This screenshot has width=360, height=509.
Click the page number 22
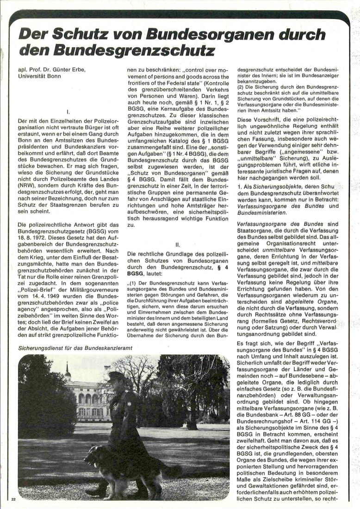click(13, 499)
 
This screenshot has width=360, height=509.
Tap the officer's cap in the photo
click(115, 375)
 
